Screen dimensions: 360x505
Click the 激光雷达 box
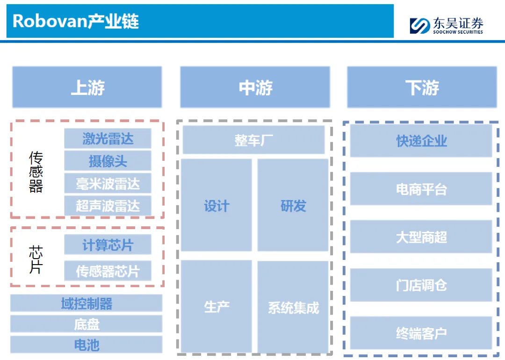click(x=108, y=139)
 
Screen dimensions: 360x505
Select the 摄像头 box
click(x=108, y=161)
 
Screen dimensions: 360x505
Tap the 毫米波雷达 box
click(x=108, y=183)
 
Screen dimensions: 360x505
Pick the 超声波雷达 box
click(x=108, y=206)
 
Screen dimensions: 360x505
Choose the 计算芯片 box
click(x=108, y=245)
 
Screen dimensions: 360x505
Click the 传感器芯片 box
click(x=108, y=271)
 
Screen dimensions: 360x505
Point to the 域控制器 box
click(x=87, y=303)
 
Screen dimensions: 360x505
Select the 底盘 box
click(x=87, y=324)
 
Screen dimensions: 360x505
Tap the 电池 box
click(x=87, y=345)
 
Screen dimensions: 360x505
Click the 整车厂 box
click(x=253, y=140)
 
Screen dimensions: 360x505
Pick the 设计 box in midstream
click(x=216, y=205)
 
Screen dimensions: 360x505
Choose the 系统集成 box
click(x=293, y=307)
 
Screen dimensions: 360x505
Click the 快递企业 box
click(x=421, y=141)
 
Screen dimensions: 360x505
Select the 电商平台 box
click(x=421, y=189)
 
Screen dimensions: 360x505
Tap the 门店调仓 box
click(x=421, y=285)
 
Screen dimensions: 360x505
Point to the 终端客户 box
click(x=421, y=333)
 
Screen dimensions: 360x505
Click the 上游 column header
click(x=87, y=87)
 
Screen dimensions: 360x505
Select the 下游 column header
click(x=422, y=87)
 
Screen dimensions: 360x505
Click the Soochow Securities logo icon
click(x=420, y=25)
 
